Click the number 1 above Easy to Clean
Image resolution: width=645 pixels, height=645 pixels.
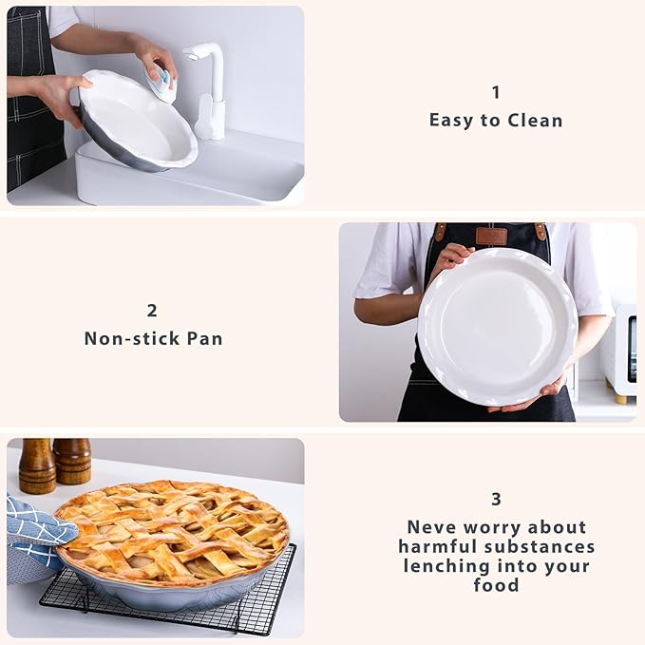tap(495, 92)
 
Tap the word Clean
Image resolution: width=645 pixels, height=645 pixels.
tap(534, 121)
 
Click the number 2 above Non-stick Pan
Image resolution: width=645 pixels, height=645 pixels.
tap(152, 311)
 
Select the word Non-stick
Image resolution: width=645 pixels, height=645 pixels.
tap(128, 338)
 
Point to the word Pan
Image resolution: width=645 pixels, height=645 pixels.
tap(203, 338)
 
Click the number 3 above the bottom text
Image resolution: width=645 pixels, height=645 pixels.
tap(496, 499)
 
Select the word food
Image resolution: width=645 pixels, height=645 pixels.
tap(496, 585)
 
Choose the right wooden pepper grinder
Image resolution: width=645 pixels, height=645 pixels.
tap(72, 460)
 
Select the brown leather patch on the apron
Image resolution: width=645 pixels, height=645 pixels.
tap(491, 236)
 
